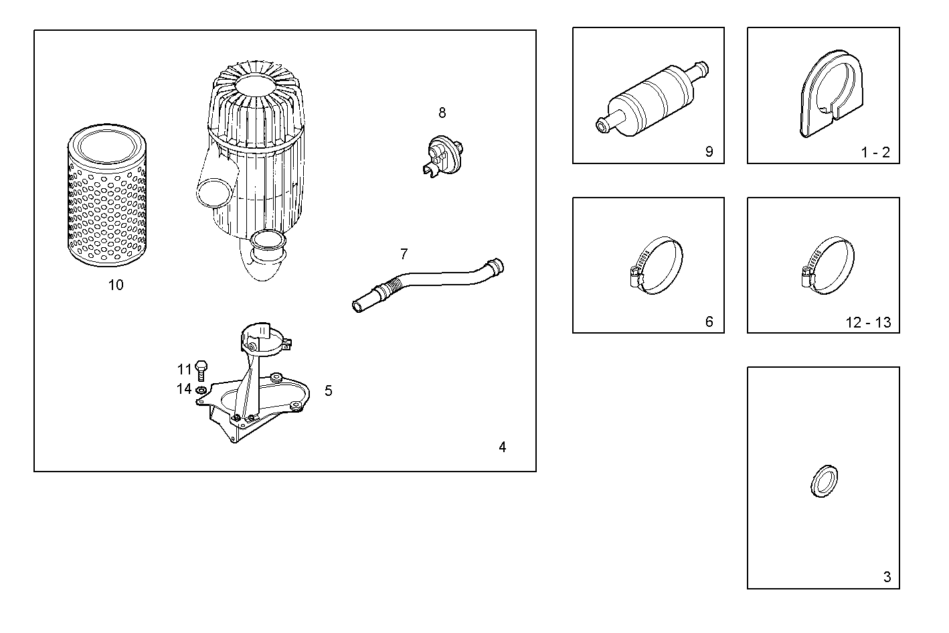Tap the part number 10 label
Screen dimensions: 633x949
[x=116, y=285]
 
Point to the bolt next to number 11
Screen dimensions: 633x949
[x=201, y=369]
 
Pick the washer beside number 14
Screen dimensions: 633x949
[x=201, y=389]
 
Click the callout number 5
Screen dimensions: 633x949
[x=328, y=391]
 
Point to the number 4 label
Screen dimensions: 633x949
[x=502, y=447]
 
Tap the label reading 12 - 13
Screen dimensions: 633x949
[x=868, y=323]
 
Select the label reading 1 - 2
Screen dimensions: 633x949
[x=875, y=153]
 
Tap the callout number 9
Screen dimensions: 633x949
[x=709, y=152]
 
